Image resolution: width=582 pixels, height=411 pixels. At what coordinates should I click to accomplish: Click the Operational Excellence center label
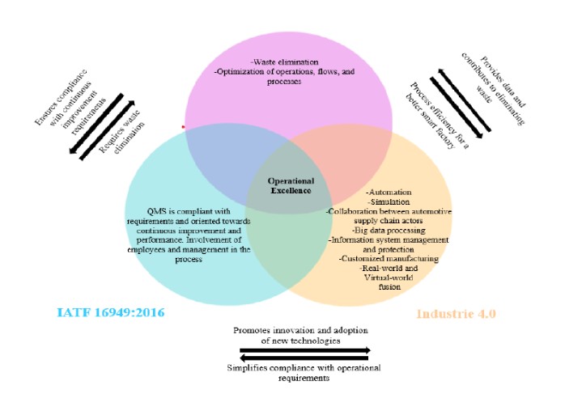point(291,185)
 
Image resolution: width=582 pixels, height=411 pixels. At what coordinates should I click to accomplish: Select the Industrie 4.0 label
point(456,313)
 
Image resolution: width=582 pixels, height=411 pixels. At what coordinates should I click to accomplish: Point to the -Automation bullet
point(388,193)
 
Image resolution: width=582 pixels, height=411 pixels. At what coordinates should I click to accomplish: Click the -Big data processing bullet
point(388,230)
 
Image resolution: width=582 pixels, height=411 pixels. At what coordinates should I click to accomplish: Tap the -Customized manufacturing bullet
point(388,259)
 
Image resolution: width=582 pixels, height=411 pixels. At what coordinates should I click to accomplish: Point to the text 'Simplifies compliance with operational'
point(304,368)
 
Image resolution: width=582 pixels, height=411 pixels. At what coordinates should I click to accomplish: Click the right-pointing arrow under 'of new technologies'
point(304,351)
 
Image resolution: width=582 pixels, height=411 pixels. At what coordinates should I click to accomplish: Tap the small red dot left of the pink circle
point(184,127)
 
